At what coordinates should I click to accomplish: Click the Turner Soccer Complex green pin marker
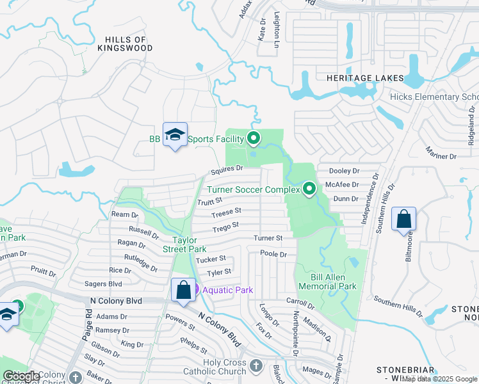click(309, 189)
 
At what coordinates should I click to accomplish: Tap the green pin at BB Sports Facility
click(254, 138)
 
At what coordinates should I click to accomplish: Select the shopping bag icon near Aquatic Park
click(183, 290)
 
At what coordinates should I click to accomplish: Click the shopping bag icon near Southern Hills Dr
click(404, 219)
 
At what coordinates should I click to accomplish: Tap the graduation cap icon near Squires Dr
click(175, 135)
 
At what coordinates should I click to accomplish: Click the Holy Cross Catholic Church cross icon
click(256, 366)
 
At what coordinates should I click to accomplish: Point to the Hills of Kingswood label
click(126, 44)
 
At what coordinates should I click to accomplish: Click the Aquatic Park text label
click(228, 290)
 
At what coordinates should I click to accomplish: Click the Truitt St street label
click(209, 202)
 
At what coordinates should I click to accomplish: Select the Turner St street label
click(268, 238)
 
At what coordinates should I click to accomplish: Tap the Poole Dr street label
click(273, 254)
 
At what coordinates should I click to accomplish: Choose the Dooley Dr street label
click(344, 171)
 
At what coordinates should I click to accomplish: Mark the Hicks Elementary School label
click(434, 97)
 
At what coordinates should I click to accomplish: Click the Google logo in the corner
click(21, 376)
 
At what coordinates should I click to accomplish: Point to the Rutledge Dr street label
click(141, 263)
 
